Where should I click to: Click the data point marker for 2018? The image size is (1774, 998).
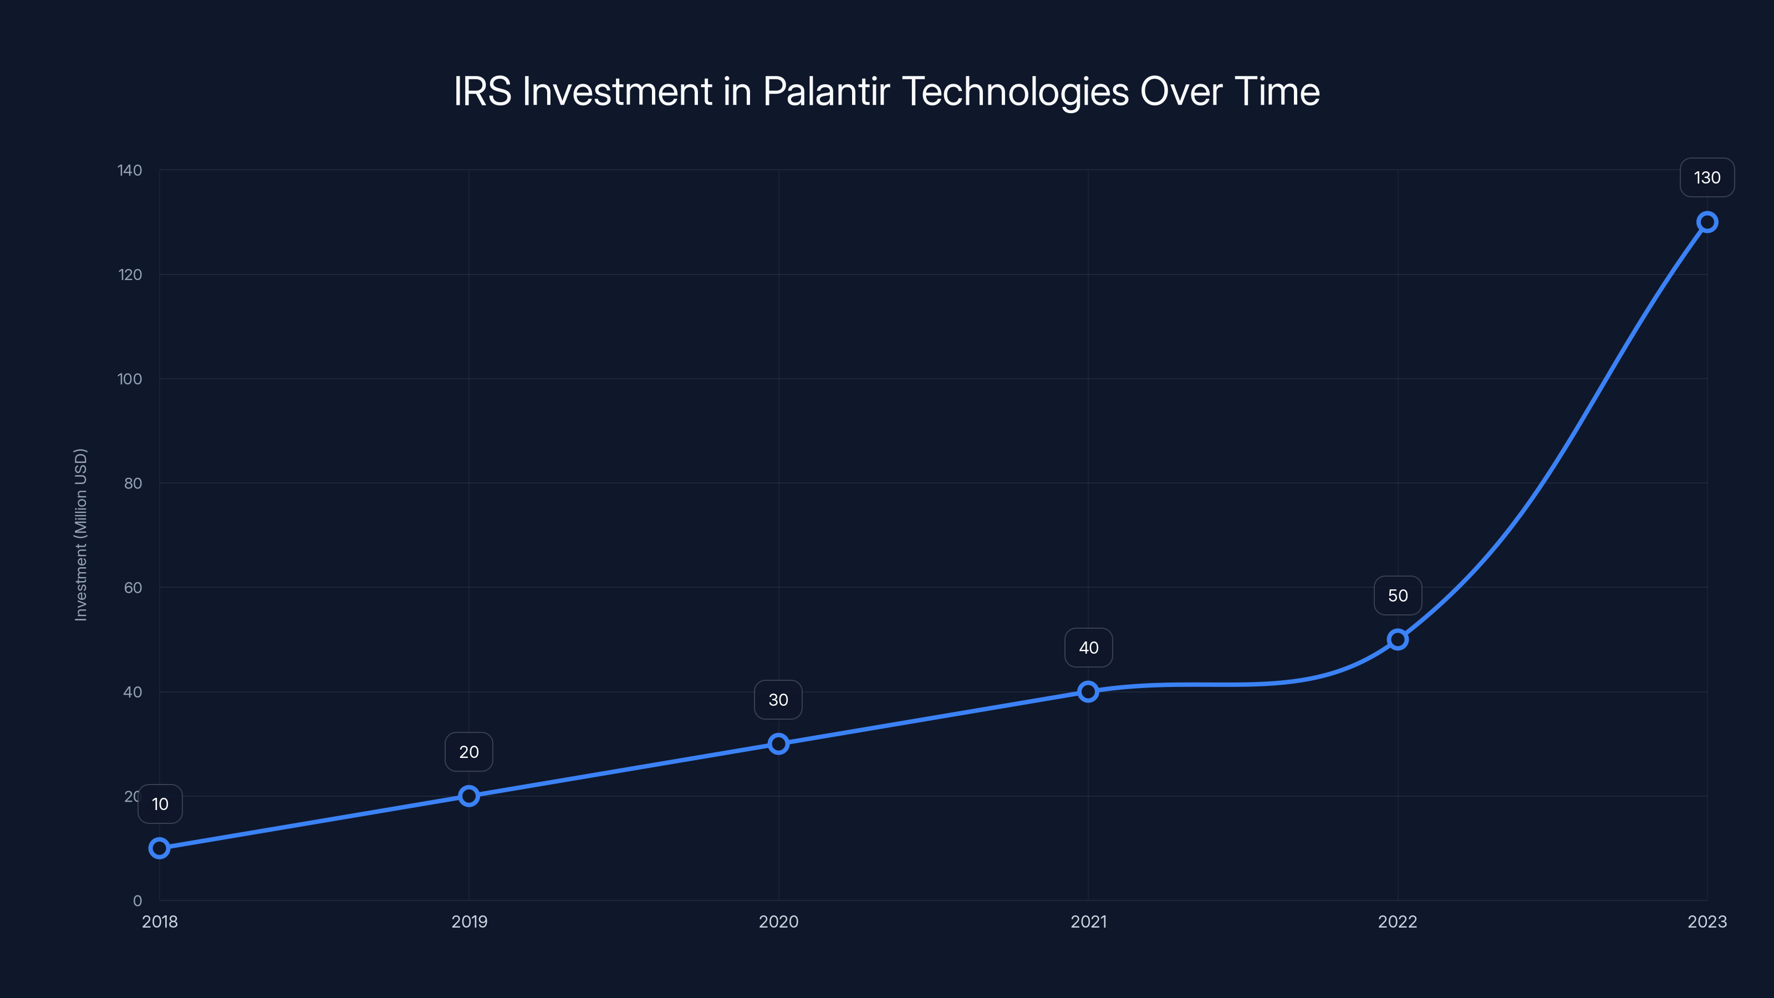click(159, 848)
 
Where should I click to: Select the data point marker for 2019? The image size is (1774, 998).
click(469, 796)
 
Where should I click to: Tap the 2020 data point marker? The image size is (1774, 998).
click(778, 744)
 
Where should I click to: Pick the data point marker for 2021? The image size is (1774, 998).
click(1088, 691)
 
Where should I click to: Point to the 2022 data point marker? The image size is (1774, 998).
click(1397, 640)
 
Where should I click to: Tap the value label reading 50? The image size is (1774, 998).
click(1397, 596)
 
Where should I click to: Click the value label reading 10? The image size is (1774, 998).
click(160, 804)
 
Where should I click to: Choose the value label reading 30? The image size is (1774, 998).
click(778, 700)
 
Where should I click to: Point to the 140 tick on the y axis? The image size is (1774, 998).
click(130, 170)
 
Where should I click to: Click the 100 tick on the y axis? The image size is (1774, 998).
click(130, 379)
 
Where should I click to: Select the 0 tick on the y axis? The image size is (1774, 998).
click(137, 900)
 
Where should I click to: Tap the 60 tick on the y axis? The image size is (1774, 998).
click(133, 588)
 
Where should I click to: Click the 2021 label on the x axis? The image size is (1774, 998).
click(1088, 921)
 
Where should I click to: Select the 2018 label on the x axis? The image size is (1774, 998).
click(160, 921)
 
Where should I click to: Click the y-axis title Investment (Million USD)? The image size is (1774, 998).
click(80, 534)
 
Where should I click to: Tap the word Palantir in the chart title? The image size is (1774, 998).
click(827, 91)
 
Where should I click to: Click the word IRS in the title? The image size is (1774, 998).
click(482, 91)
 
